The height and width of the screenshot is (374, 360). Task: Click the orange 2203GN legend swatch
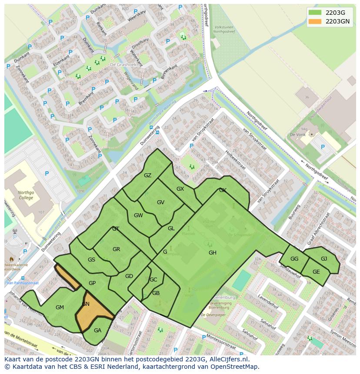pos(316,21)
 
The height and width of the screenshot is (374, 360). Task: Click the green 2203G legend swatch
pos(316,13)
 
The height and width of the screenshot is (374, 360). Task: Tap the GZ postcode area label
pos(147,175)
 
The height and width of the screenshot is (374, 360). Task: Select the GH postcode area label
pos(212,253)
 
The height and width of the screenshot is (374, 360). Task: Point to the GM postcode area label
pos(60,308)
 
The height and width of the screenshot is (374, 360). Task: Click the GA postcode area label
pos(97,331)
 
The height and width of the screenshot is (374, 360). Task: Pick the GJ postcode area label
pos(323,259)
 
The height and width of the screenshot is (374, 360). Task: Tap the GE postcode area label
pos(316,272)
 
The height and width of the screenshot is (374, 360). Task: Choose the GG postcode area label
pos(294,259)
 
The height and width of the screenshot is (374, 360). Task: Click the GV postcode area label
pos(160,202)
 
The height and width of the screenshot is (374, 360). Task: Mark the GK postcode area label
pos(223,190)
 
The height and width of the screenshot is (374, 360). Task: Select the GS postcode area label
pos(91,260)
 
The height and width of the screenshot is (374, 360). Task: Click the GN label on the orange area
pos(86,304)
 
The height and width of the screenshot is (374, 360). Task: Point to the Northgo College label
pos(29,195)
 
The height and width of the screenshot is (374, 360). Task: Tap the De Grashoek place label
pos(122,64)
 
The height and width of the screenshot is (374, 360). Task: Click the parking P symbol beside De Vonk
pos(323,147)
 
